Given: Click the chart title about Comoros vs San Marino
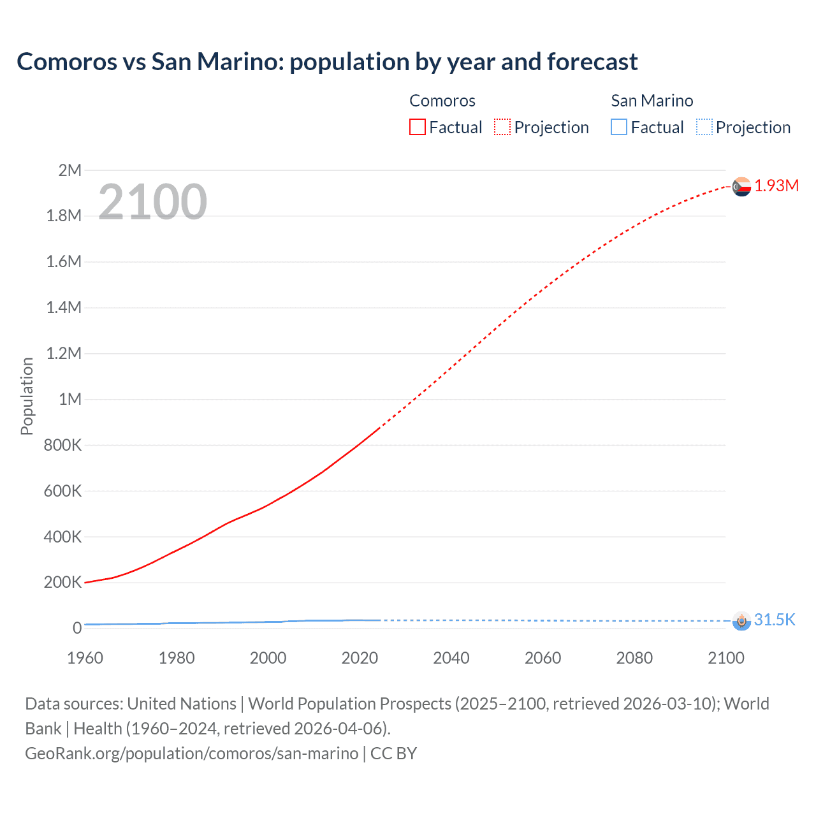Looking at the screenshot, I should tap(327, 62).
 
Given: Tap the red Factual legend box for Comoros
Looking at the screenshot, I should tap(417, 127).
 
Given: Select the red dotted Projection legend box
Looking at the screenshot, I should tap(502, 127).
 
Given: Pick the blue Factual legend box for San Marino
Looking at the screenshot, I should tap(618, 127).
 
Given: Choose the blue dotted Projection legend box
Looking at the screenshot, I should tap(704, 127).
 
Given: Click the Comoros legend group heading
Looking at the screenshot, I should tap(442, 101).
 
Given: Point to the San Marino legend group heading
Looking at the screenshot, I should tap(652, 101).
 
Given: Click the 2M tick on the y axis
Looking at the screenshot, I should tap(69, 170).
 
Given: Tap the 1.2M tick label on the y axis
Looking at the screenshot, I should tap(64, 353).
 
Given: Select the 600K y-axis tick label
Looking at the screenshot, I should tap(62, 491).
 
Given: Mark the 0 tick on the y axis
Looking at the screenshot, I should tap(77, 628).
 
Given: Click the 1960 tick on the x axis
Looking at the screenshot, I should tap(85, 658).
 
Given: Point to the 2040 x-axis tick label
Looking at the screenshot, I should tap(451, 658).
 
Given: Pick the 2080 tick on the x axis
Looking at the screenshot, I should tap(634, 658).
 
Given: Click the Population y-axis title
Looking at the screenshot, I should tap(27, 396).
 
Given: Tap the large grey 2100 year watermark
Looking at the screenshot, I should tap(152, 201).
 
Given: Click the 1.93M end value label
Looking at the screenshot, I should tap(776, 186).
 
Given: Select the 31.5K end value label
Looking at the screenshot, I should tap(775, 620).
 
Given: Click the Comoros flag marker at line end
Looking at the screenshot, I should tap(741, 187).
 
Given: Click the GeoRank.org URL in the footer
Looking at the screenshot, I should tap(191, 753).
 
